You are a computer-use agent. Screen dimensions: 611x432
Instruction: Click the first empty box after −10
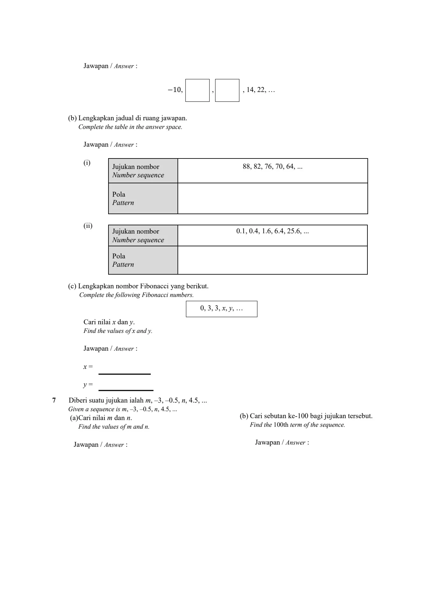197,90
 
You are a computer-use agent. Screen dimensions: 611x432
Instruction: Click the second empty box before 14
227,90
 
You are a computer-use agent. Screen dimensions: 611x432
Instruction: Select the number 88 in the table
247,166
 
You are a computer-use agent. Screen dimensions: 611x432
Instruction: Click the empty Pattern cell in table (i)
273,198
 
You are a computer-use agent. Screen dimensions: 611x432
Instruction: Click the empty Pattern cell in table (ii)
273,260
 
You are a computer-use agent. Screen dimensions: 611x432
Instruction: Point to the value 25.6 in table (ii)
294,231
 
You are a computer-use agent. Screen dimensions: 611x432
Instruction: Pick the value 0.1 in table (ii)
241,231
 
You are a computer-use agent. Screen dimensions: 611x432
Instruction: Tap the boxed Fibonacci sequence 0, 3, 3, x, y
221,308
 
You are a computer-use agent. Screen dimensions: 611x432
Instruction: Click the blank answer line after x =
124,370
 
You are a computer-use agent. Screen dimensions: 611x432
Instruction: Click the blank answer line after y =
126,387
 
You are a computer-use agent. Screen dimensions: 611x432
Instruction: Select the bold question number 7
54,400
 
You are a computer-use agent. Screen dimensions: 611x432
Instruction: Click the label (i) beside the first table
87,163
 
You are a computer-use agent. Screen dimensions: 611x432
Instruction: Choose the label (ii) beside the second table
88,226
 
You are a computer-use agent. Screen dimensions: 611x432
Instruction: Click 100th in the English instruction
281,425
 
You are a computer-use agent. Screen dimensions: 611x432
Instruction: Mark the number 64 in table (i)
290,166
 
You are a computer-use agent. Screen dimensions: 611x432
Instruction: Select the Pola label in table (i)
119,194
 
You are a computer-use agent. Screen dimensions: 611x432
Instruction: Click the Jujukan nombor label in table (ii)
136,231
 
